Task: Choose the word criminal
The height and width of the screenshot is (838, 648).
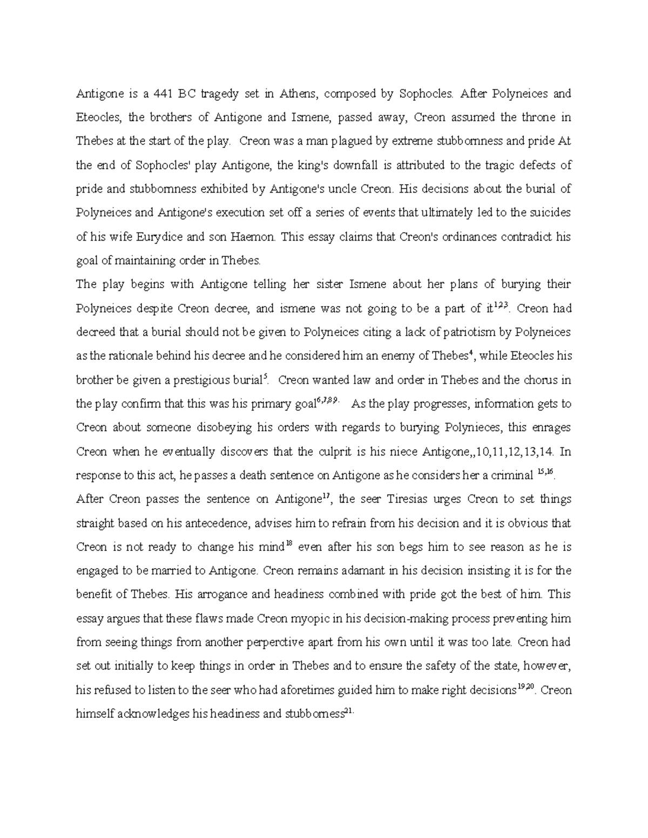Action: (x=510, y=475)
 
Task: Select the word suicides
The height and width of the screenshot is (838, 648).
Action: (x=548, y=213)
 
